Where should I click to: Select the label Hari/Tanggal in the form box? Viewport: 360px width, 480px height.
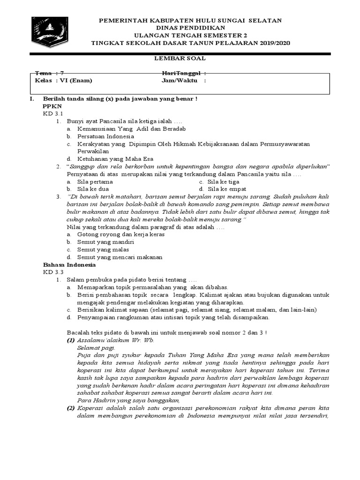coord(184,74)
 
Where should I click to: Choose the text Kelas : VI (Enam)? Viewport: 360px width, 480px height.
coord(64,80)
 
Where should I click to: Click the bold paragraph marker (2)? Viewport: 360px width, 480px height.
coord(70,408)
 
